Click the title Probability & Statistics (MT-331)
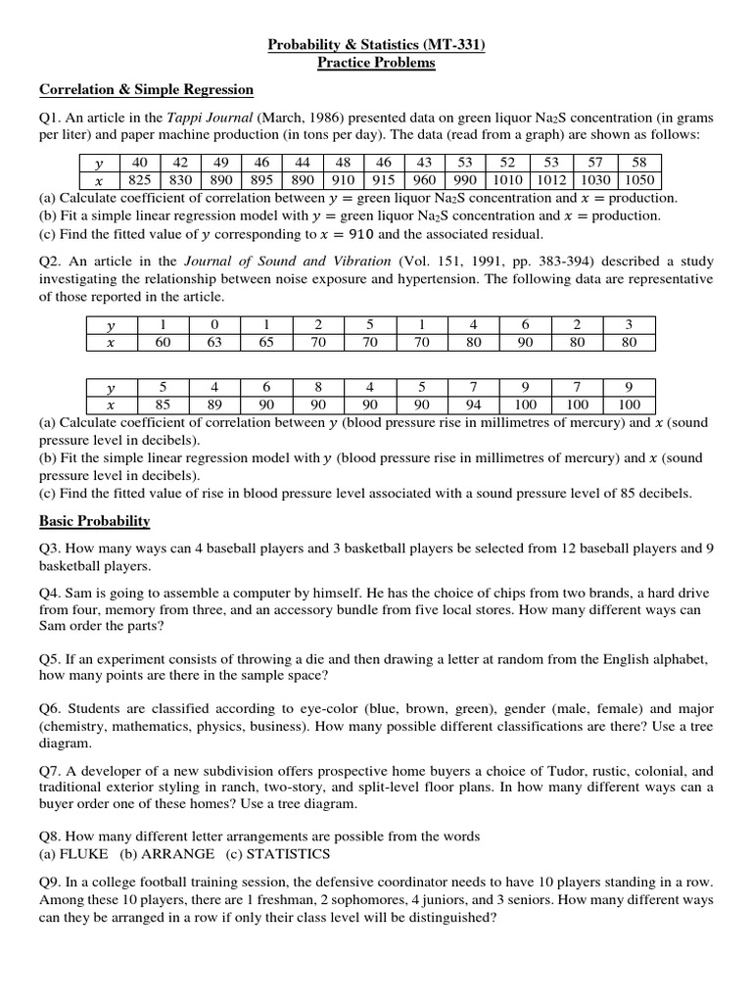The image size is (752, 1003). [376, 44]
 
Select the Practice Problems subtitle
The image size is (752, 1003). [376, 63]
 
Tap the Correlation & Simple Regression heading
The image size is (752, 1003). [146, 90]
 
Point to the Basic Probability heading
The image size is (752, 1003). [94, 521]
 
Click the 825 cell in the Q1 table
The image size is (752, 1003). [140, 180]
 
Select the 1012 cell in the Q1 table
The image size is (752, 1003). [551, 180]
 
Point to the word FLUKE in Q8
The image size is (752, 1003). [84, 854]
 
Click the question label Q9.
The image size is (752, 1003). [51, 882]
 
